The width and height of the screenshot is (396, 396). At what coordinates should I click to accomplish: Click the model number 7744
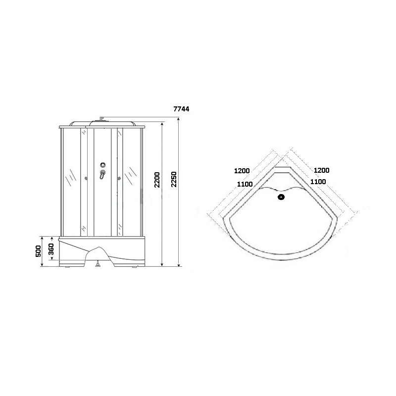(181, 109)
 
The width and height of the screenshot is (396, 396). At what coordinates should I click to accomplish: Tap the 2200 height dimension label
(157, 180)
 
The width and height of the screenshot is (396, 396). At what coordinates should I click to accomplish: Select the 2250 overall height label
(174, 179)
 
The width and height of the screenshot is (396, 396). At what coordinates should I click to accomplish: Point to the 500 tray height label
(38, 251)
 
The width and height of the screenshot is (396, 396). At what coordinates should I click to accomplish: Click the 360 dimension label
(51, 249)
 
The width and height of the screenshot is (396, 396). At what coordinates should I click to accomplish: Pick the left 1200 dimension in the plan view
(242, 171)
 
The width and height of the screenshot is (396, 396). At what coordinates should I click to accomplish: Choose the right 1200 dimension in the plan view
(321, 170)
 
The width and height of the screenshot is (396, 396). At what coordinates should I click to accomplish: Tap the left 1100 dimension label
(245, 184)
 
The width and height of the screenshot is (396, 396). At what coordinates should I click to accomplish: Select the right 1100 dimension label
(318, 182)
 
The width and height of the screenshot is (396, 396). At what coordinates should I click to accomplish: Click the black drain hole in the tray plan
(281, 197)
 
